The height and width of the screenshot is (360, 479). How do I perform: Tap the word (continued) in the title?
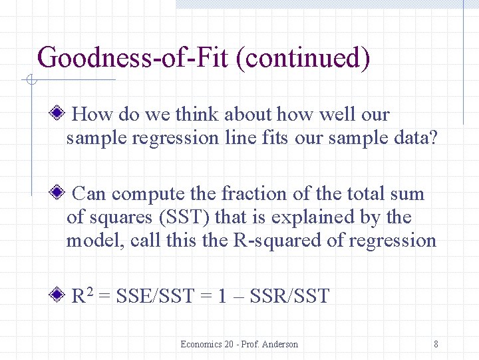pos(307,57)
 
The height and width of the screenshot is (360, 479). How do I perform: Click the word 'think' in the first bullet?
pos(196,115)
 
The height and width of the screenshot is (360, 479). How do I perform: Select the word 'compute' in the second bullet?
pos(149,195)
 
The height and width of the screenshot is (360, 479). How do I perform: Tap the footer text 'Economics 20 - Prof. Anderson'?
pos(239,344)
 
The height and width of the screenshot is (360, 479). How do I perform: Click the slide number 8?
pos(436,344)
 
